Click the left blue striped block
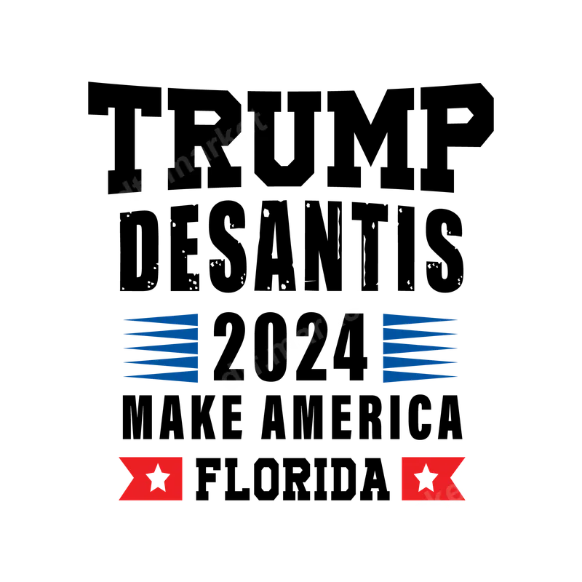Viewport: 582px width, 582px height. pos(162,347)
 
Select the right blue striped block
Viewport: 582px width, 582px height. pos(418,347)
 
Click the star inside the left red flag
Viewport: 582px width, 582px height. pos(157,478)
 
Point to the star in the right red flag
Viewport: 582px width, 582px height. pos(426,478)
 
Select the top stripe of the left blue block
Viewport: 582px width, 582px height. pos(162,318)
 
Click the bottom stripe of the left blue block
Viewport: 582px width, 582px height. pos(162,376)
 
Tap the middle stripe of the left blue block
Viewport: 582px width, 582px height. pos(162,347)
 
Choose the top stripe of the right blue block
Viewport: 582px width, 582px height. pos(418,318)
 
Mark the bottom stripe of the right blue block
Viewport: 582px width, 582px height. pos(418,376)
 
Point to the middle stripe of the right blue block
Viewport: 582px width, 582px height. pos(418,347)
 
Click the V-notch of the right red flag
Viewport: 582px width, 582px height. pos(458,478)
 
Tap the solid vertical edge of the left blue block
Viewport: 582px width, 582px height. pos(196,347)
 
